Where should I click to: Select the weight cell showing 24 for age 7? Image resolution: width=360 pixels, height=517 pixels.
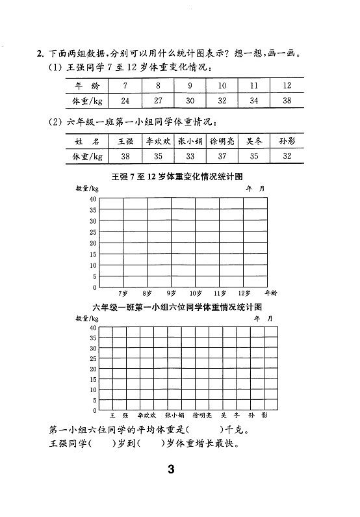(125, 101)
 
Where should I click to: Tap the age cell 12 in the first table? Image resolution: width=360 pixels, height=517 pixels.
(287, 85)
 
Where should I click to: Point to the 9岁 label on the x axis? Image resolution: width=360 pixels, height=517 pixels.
(171, 293)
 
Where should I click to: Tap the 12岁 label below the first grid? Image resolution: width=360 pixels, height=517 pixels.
(244, 293)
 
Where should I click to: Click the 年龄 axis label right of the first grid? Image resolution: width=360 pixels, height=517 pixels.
(271, 293)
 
